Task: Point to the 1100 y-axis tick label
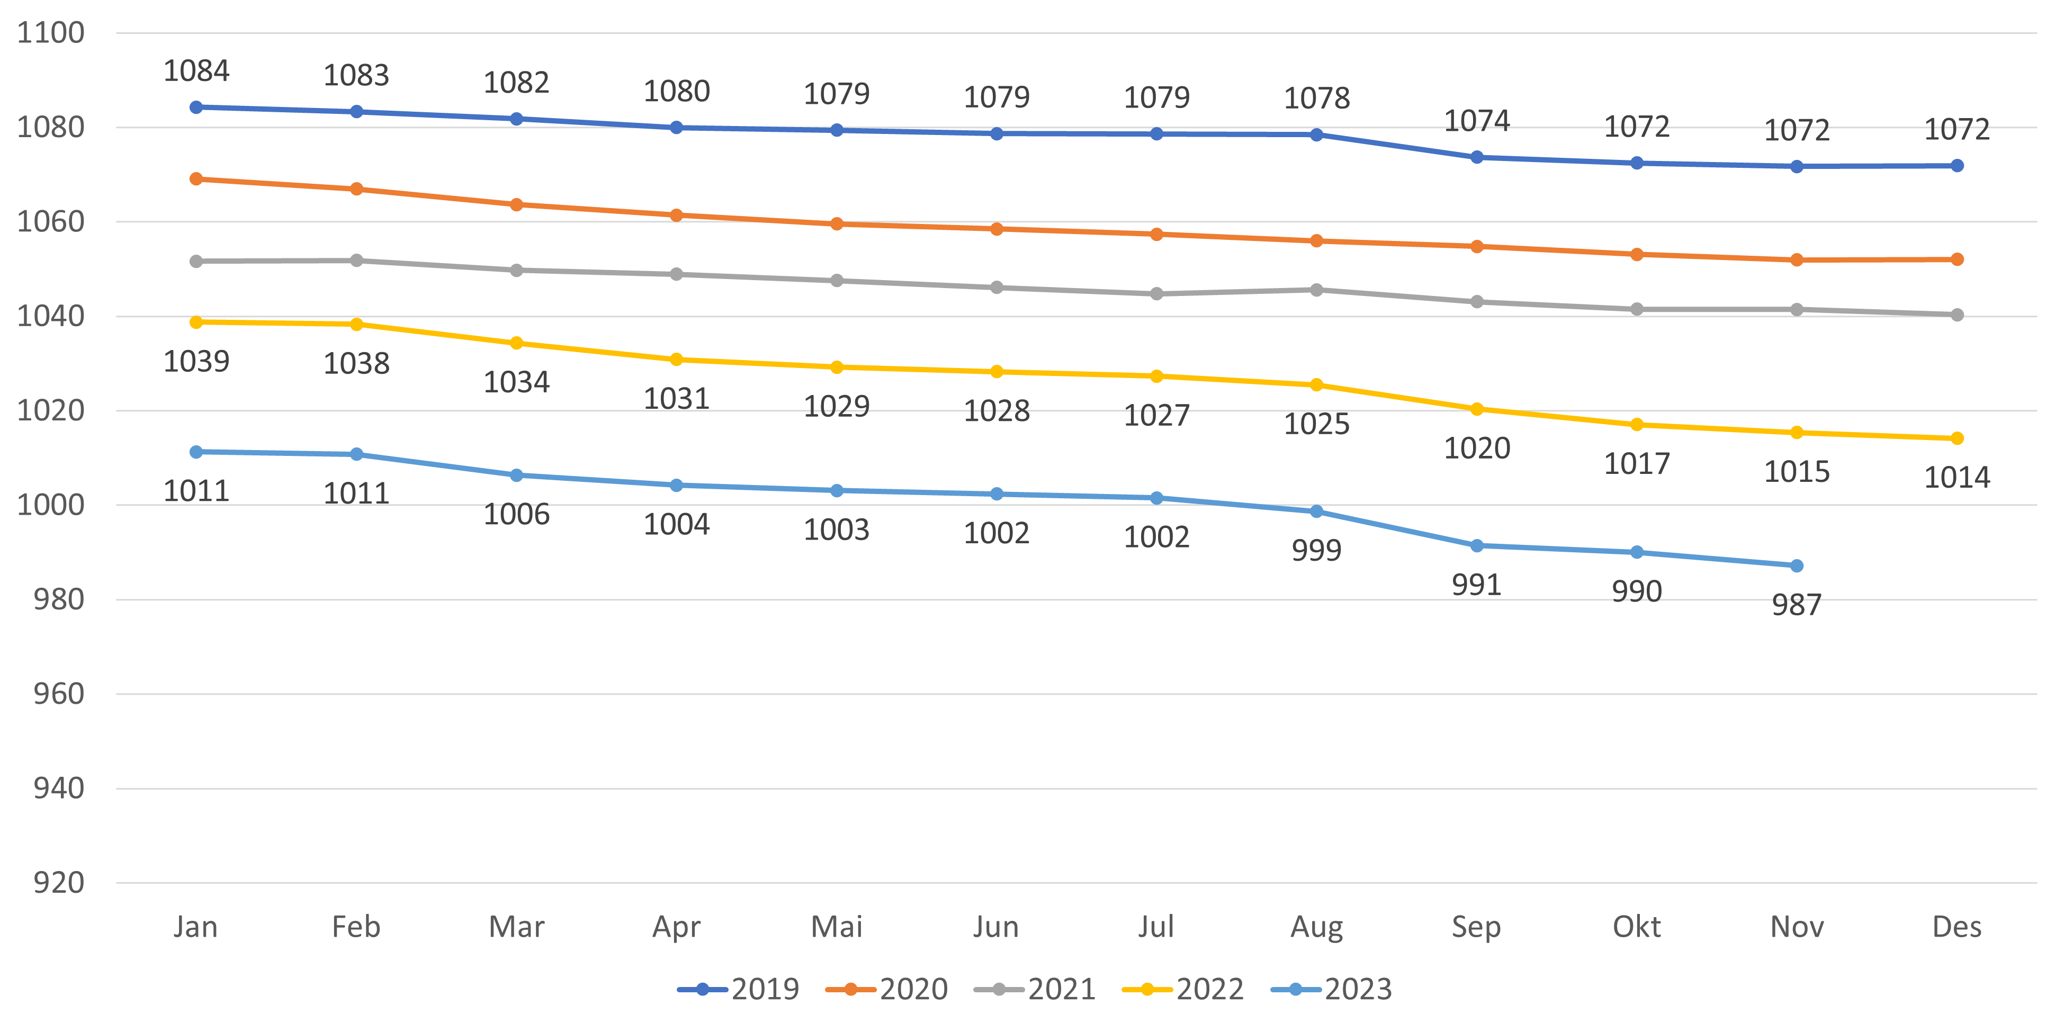click(50, 33)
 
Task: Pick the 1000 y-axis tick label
click(50, 505)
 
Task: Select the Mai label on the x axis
click(837, 927)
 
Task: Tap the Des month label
click(1957, 927)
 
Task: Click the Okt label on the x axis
click(1636, 927)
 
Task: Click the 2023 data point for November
click(1797, 566)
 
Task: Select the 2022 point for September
click(1477, 409)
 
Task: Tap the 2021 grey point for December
click(1957, 315)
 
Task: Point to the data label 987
click(1797, 605)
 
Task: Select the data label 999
click(1316, 551)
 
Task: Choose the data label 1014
click(1957, 478)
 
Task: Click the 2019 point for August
click(1316, 134)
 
